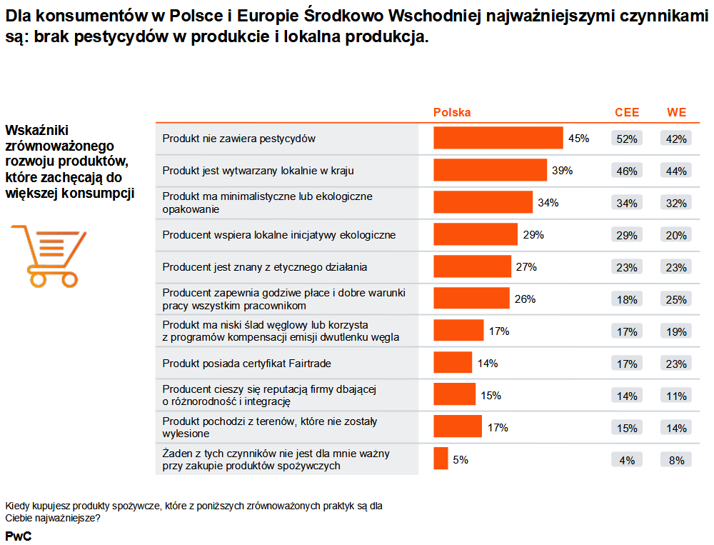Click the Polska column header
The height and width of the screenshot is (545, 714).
tap(452, 113)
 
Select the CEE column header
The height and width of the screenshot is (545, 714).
tap(627, 113)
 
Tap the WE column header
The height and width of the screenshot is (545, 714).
tap(676, 113)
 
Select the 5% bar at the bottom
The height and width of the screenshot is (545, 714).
tap(441, 459)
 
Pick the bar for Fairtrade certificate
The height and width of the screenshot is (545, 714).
tap(453, 363)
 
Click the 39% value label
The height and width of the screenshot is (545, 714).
tap(562, 171)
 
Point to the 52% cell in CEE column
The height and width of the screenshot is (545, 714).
tap(627, 139)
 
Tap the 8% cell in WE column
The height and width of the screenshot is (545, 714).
tap(676, 460)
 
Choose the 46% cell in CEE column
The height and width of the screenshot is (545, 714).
tap(627, 171)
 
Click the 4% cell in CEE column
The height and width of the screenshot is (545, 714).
tap(627, 460)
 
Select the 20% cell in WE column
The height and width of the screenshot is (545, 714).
tap(676, 235)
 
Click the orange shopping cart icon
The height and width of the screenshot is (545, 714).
tap(48, 254)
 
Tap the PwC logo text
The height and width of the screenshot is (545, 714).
tap(18, 536)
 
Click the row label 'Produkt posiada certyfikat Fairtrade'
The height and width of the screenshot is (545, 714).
tap(246, 364)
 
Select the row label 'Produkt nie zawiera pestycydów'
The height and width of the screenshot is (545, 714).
tap(238, 139)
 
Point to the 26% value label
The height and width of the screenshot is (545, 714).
tap(525, 299)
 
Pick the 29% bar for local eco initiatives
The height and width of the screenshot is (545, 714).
tap(475, 234)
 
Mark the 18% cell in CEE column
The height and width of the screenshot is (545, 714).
tap(627, 299)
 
